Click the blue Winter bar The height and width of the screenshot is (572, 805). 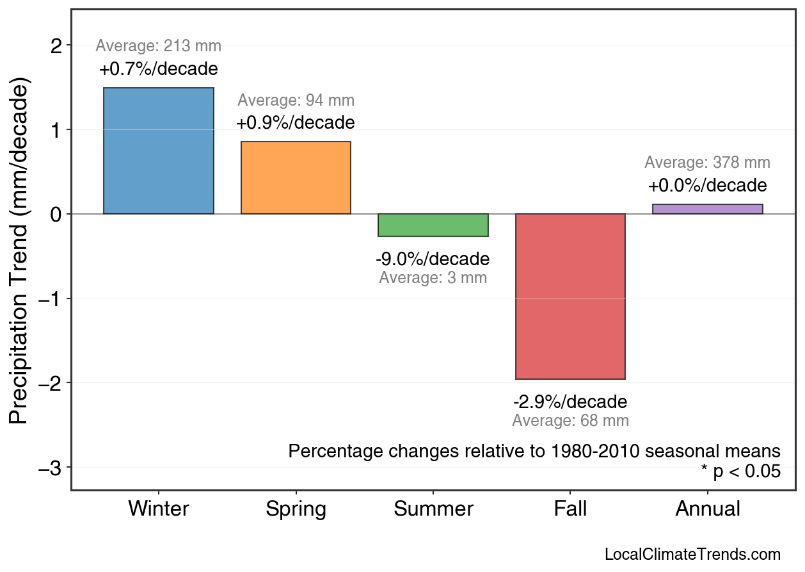159,151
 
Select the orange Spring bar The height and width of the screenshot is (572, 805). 296,177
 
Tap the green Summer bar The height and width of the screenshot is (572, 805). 433,225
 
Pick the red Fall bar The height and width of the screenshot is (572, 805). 570,296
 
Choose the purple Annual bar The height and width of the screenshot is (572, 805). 707,209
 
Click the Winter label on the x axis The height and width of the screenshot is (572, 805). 159,509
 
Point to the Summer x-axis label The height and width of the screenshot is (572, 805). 433,509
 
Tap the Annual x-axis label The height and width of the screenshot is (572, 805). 707,509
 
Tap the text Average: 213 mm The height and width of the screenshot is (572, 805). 159,46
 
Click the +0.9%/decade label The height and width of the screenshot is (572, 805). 296,122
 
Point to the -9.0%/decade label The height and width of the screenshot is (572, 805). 433,259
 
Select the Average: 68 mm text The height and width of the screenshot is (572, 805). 570,421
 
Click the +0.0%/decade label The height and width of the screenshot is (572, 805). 707,186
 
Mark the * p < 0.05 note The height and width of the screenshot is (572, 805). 740,471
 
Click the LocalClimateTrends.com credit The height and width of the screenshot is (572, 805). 692,555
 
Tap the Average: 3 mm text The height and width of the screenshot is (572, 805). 433,278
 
